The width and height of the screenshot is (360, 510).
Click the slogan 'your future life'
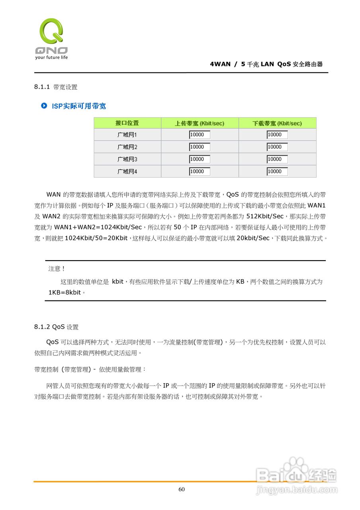pyautogui.click(x=51, y=57)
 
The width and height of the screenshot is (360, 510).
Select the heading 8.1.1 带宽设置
pyautogui.click(x=56, y=87)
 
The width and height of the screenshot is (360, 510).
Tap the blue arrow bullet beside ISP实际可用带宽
pyautogui.click(x=44, y=106)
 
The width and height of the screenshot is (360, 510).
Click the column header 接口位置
pyautogui.click(x=127, y=123)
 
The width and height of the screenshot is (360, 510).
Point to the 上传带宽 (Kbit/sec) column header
pyautogui.click(x=200, y=124)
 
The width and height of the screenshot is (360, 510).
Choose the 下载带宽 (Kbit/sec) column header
pyautogui.click(x=277, y=124)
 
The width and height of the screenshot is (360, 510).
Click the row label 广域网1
pyautogui.click(x=127, y=135)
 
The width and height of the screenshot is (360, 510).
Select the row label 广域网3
pyautogui.click(x=127, y=159)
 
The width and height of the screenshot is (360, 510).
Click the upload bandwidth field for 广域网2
pyautogui.click(x=200, y=147)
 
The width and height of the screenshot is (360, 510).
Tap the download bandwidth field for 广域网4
pyautogui.click(x=277, y=171)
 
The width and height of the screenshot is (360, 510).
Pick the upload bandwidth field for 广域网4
pyautogui.click(x=200, y=171)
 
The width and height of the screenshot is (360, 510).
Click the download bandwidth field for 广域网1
pyautogui.click(x=277, y=135)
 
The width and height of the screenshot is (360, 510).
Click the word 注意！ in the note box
pyautogui.click(x=57, y=269)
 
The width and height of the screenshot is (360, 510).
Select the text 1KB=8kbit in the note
pyautogui.click(x=65, y=292)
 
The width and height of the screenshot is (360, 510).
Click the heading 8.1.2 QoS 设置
pyautogui.click(x=57, y=327)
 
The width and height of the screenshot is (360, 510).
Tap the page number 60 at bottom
pyautogui.click(x=182, y=489)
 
